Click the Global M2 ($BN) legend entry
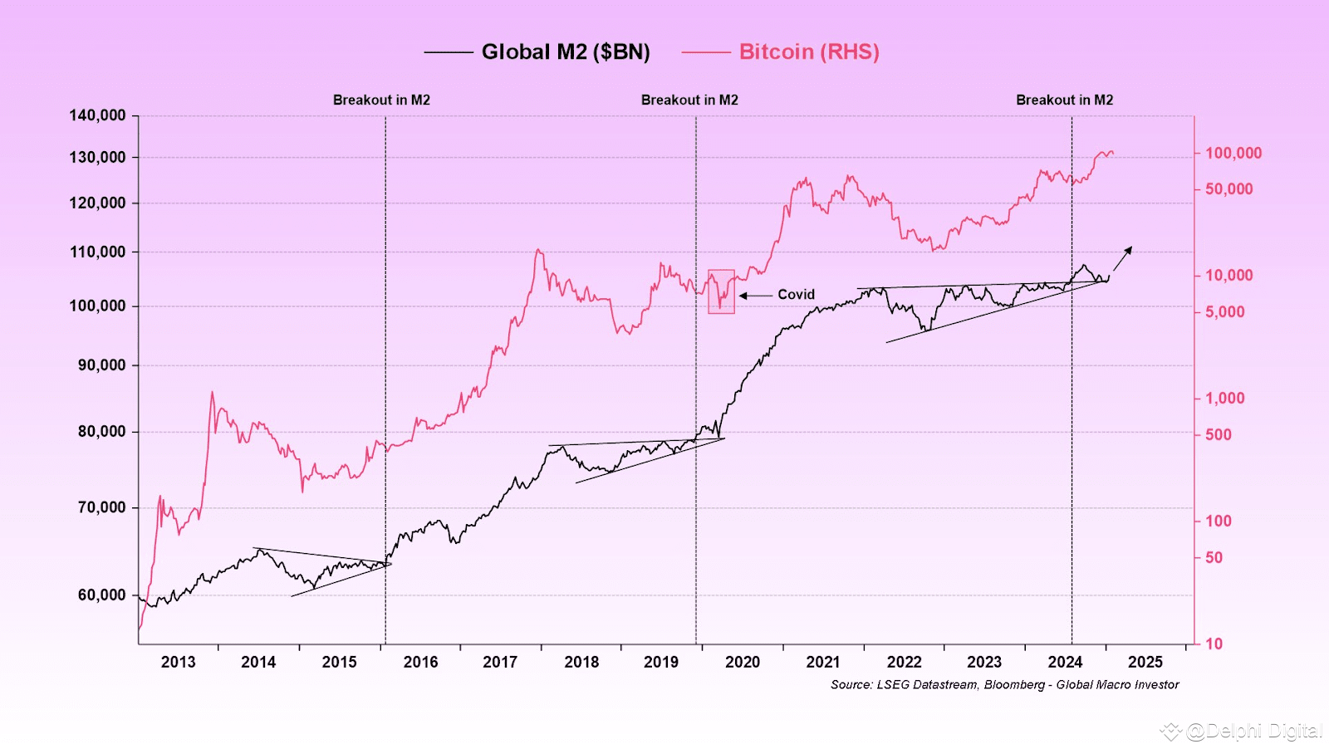pos(565,52)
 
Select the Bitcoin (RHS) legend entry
pos(808,52)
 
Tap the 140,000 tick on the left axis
pos(97,115)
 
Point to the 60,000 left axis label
pos(101,595)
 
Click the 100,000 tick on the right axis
pos(1233,153)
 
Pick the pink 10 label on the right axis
pos(1214,644)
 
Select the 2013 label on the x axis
pos(178,662)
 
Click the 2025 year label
pos(1145,662)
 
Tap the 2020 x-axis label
pos(742,662)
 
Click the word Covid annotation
pos(796,295)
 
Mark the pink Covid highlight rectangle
pos(721,291)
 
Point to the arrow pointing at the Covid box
pos(755,295)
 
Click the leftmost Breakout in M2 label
pos(381,100)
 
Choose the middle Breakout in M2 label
pos(689,100)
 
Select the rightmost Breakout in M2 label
pos(1064,100)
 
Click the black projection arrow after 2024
pos(1122,258)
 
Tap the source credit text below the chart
pos(1004,684)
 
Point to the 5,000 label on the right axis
pos(1224,312)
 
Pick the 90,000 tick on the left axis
pos(101,365)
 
